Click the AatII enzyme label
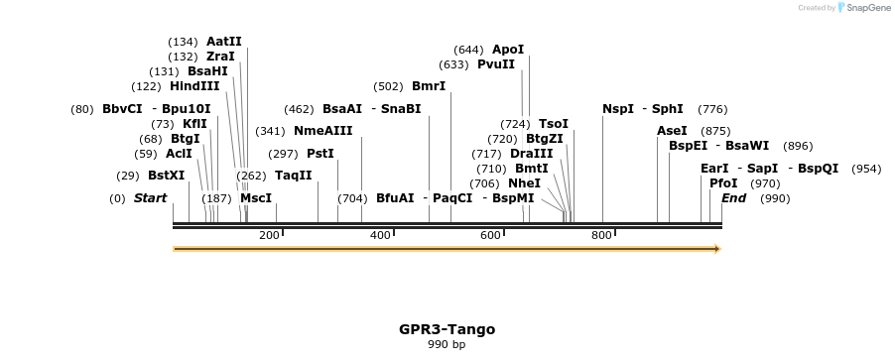(x=223, y=42)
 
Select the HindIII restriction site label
(x=194, y=86)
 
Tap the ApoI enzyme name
(x=507, y=50)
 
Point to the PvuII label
(x=496, y=64)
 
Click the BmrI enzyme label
(x=429, y=86)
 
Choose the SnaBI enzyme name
(x=401, y=109)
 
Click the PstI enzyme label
(x=320, y=154)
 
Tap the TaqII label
(x=294, y=176)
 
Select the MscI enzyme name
(x=256, y=198)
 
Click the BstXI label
(x=167, y=176)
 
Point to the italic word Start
(x=150, y=198)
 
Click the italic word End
(x=733, y=198)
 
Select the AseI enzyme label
(x=672, y=131)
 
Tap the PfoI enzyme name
(x=723, y=183)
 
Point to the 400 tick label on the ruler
(x=380, y=235)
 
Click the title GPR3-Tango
(x=447, y=329)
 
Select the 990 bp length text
(x=447, y=345)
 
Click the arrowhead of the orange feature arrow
(x=715, y=249)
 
